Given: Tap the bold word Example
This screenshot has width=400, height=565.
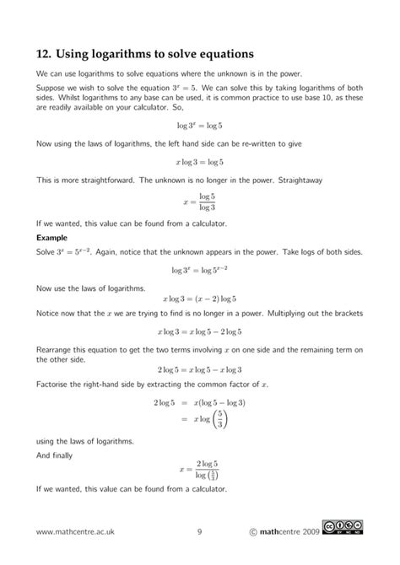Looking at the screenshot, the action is (x=53, y=238).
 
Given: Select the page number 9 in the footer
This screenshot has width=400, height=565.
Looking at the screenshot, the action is (x=199, y=531).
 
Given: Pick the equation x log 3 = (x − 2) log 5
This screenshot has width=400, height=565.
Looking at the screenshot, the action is (x=200, y=299).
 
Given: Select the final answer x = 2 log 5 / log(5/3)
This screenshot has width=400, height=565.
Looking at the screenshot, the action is (x=200, y=468).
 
